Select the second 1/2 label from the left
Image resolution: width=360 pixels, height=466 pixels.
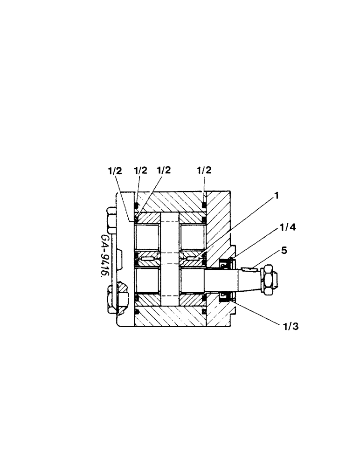click(x=140, y=171)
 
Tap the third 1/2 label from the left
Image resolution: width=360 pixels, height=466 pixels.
click(x=163, y=171)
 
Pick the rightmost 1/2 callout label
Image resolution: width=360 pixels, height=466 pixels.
click(x=205, y=171)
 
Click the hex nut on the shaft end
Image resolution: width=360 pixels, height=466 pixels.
click(x=268, y=280)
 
